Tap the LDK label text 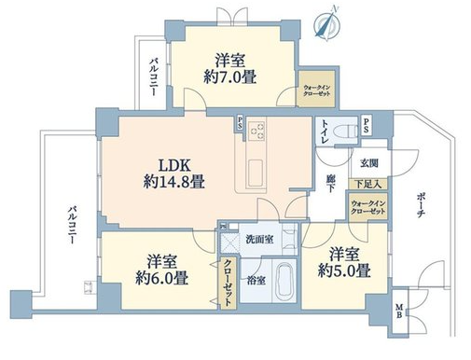click(174, 166)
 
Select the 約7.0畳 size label click(230, 76)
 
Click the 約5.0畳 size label click(344, 270)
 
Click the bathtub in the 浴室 click(286, 281)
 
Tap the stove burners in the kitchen click(256, 131)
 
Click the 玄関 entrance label click(369, 163)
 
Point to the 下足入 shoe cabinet click(367, 184)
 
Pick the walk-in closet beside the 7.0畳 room click(316, 89)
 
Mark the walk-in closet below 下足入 click(367, 207)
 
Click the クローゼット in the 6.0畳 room click(229, 283)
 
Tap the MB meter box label click(399, 311)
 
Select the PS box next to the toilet click(367, 125)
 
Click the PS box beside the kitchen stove click(240, 123)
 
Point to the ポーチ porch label click(421, 205)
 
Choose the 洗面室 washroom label click(259, 239)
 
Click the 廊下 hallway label click(330, 183)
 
